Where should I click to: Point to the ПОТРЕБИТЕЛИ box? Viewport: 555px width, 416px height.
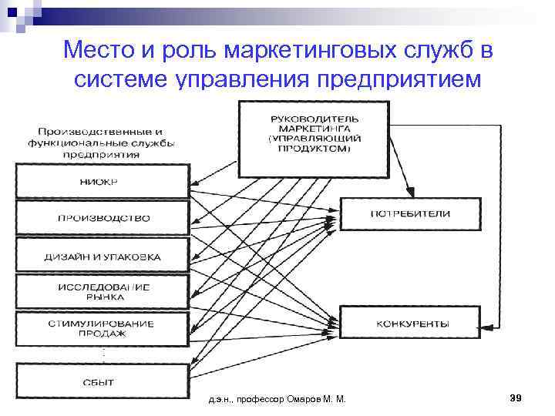[x=410, y=213]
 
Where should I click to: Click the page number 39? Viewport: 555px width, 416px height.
[x=516, y=398]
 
